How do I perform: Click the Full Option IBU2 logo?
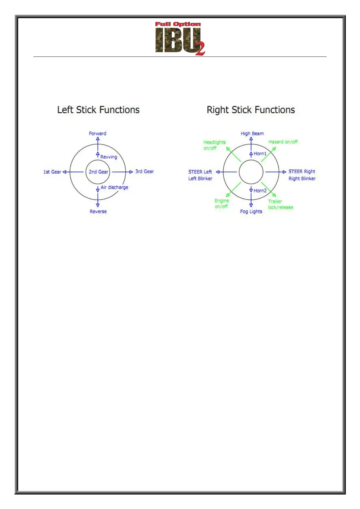(180, 38)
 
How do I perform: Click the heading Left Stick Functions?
(98, 110)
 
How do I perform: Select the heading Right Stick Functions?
(251, 110)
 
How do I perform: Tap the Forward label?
(97, 133)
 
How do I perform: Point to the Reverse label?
(98, 212)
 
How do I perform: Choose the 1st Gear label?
(52, 172)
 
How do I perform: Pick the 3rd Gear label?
(144, 171)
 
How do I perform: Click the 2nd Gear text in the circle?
(98, 172)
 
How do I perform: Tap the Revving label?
(109, 157)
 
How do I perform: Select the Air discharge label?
(114, 187)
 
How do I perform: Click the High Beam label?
(252, 133)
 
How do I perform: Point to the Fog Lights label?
(251, 212)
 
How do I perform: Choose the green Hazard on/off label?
(283, 142)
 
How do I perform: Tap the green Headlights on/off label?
(214, 145)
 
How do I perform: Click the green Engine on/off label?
(222, 203)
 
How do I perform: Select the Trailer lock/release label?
(280, 204)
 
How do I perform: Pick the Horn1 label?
(260, 154)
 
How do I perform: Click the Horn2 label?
(260, 191)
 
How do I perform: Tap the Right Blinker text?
(302, 179)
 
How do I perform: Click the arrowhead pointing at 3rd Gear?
(131, 172)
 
